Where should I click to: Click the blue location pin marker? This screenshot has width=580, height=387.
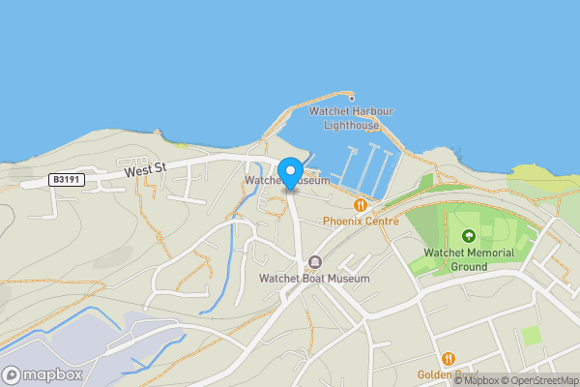[x=289, y=173]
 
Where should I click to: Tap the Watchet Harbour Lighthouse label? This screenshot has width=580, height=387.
[x=349, y=118]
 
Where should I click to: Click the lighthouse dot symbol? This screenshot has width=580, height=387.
[x=352, y=97]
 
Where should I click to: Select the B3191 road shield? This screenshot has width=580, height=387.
[x=67, y=180]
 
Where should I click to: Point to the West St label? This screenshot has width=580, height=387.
[x=145, y=169]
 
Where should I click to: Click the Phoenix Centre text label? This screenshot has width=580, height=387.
[x=361, y=221]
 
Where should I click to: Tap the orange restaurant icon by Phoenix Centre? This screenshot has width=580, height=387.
[x=361, y=204]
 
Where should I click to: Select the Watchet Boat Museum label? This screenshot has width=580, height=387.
[x=314, y=279]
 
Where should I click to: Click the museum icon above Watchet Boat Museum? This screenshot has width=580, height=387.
[x=314, y=262]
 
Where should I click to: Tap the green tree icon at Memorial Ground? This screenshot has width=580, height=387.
[x=469, y=235]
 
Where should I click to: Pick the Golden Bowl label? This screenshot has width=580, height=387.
[x=447, y=374]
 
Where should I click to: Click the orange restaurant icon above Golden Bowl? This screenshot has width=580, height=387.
[x=448, y=358]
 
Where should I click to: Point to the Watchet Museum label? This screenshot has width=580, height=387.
[x=287, y=181]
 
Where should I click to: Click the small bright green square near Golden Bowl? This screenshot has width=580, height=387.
[x=531, y=336]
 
